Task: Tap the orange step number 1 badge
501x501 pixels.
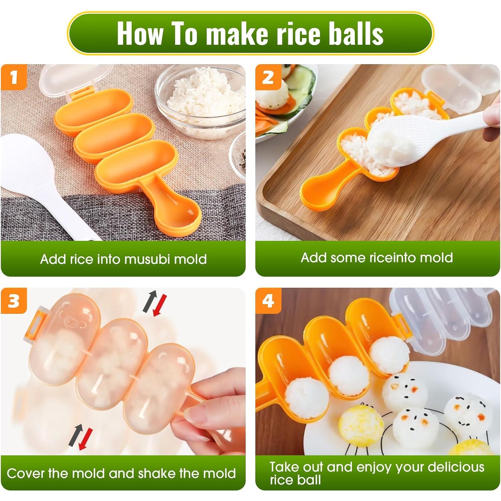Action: tap(14, 78)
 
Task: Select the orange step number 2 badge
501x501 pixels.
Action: tap(268, 78)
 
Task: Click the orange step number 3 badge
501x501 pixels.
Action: tap(14, 301)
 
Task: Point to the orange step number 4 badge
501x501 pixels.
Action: tap(268, 301)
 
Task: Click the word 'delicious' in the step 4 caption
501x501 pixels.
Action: tap(456, 467)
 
